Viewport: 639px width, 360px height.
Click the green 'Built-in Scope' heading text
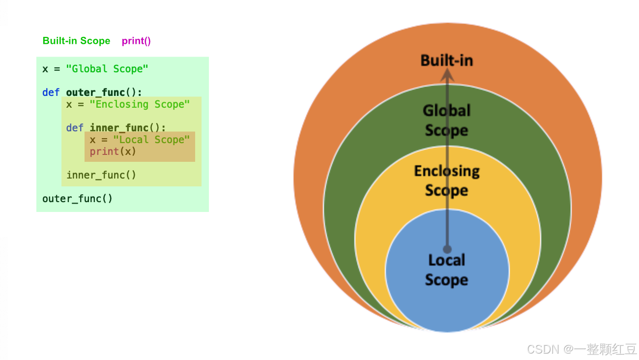(x=77, y=41)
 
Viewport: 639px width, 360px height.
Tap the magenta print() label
(x=136, y=41)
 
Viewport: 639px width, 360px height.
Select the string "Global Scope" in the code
(x=107, y=68)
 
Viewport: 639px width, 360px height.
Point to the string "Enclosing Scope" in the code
(x=140, y=104)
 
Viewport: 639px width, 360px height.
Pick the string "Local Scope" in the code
(x=151, y=140)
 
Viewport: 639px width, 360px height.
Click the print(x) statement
(x=113, y=151)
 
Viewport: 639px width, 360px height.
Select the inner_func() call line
(x=101, y=175)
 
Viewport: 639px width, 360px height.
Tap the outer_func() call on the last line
(x=77, y=198)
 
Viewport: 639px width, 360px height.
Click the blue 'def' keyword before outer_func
(x=51, y=92)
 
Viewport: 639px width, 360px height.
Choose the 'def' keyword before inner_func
(x=75, y=127)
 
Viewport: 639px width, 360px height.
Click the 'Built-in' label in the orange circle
(x=447, y=60)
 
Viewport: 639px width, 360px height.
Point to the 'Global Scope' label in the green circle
(x=447, y=120)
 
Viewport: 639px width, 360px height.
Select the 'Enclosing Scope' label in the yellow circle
(x=447, y=180)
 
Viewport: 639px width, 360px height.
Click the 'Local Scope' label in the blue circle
(x=447, y=270)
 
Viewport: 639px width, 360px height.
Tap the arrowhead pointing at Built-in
(x=447, y=75)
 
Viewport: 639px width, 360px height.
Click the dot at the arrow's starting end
(x=447, y=249)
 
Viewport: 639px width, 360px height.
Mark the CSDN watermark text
(x=581, y=349)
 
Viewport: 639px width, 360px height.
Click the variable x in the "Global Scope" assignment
(x=45, y=69)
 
